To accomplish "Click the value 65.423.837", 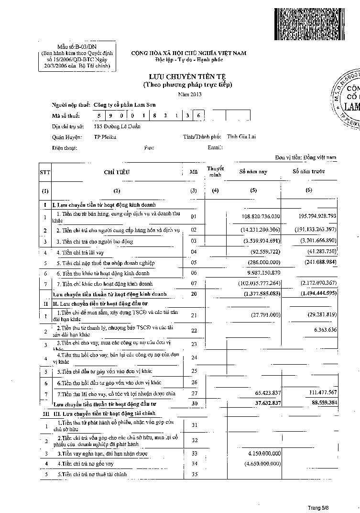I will (x=264, y=393).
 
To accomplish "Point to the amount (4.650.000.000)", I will (x=262, y=464).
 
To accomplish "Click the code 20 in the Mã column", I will (x=194, y=294).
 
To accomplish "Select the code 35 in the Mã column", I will (x=194, y=474).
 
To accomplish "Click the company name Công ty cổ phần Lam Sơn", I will (x=124, y=104).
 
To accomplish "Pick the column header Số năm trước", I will (x=309, y=171).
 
